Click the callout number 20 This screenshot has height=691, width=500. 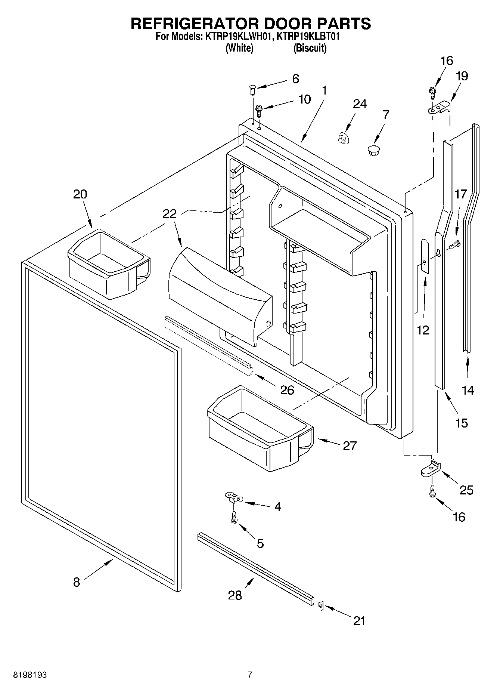coord(80,194)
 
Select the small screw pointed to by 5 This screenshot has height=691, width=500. coord(235,518)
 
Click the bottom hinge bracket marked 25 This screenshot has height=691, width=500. coord(431,469)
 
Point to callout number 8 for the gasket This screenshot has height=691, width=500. coord(77,582)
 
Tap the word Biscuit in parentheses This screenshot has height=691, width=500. coord(310,48)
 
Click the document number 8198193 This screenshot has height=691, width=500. coord(30,675)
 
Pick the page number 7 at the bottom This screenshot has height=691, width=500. coord(250,675)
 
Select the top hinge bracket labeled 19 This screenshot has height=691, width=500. coord(439,108)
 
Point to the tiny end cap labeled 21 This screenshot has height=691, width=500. coord(320,605)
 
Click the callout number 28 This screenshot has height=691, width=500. coord(235,595)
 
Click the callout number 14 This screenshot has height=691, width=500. coord(468,390)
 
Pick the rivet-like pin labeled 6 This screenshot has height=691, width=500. coord(252,90)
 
